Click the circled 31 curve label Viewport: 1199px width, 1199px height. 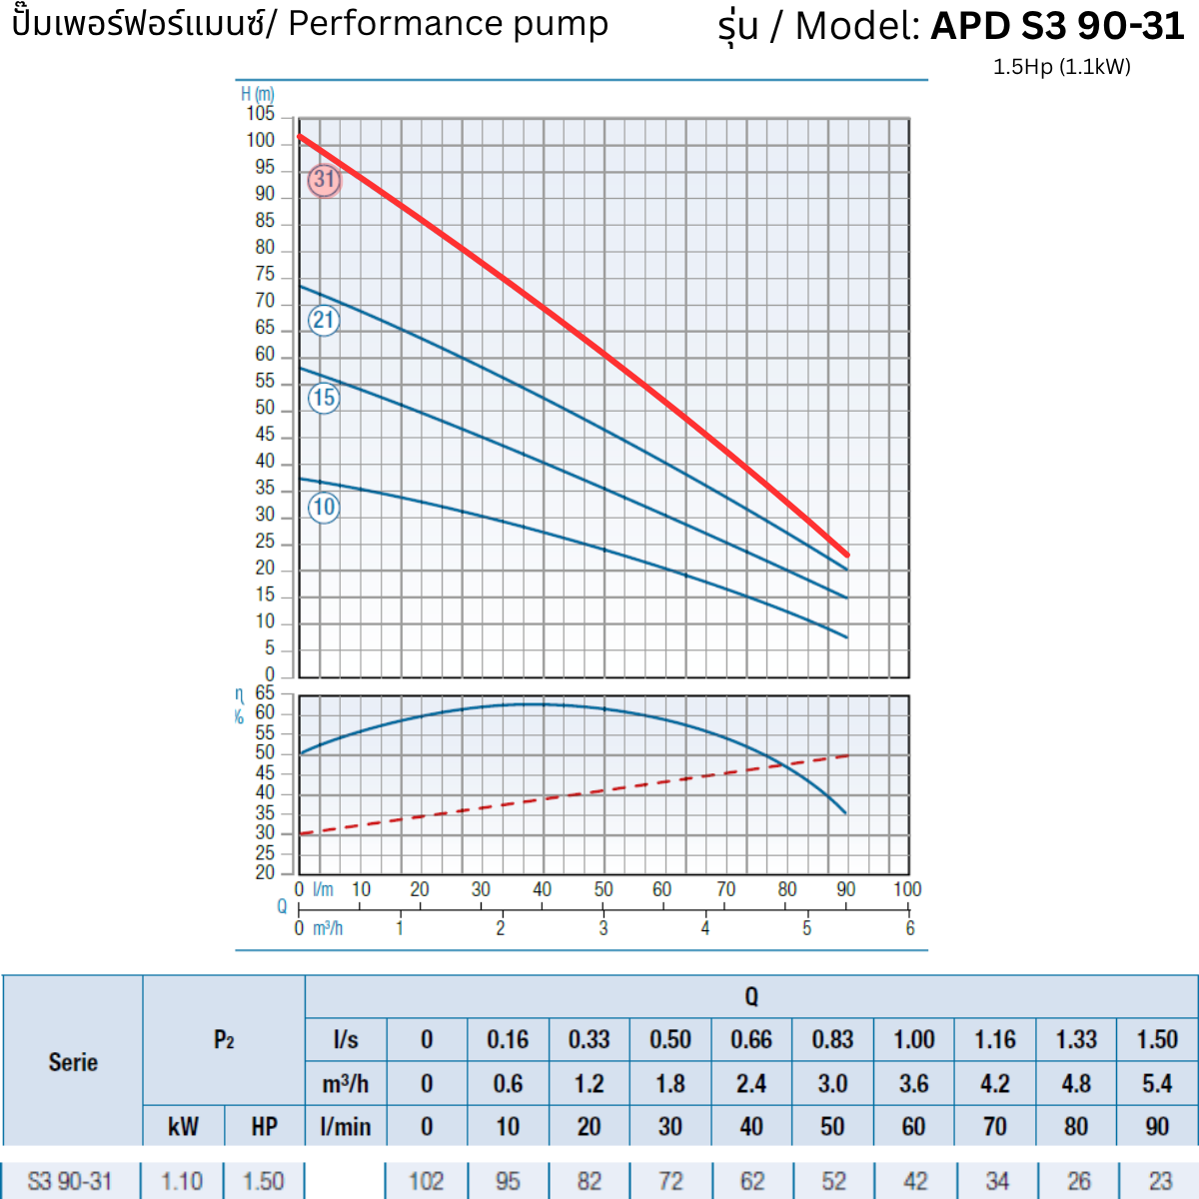(x=324, y=180)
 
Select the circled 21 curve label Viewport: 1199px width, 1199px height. (x=324, y=321)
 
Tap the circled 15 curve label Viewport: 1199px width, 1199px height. (x=324, y=398)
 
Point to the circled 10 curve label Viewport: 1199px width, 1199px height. (x=324, y=508)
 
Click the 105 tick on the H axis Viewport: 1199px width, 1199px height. (x=261, y=114)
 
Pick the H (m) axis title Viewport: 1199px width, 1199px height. (x=257, y=94)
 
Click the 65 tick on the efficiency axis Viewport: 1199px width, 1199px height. (x=264, y=692)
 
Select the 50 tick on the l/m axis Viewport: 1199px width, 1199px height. (x=603, y=889)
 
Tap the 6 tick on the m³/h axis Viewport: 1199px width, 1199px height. (x=909, y=928)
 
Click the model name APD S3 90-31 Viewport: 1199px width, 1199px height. (x=1057, y=26)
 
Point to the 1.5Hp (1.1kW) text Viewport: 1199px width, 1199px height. (x=1061, y=67)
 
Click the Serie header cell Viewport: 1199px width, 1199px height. (x=73, y=1061)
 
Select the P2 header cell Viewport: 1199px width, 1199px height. (x=224, y=1040)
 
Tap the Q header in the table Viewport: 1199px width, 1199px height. (x=751, y=996)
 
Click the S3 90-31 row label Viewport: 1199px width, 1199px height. (x=70, y=1181)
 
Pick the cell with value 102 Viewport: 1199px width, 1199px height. (x=426, y=1181)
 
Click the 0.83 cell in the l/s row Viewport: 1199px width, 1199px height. (x=832, y=1040)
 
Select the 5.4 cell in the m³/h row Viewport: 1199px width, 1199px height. (x=1157, y=1084)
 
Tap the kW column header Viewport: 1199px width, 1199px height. (x=183, y=1127)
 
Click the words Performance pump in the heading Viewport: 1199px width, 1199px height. (x=448, y=24)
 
